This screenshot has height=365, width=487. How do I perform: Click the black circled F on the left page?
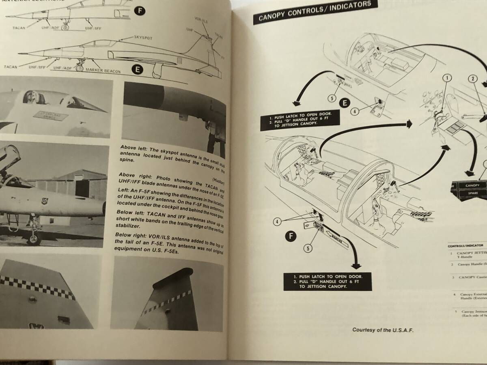click(139, 11)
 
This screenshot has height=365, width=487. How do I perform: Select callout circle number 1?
click(446, 78)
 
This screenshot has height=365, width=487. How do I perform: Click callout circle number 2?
click(473, 78)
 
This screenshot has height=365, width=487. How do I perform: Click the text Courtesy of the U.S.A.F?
click(383, 330)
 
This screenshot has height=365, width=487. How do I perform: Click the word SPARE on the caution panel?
click(472, 193)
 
